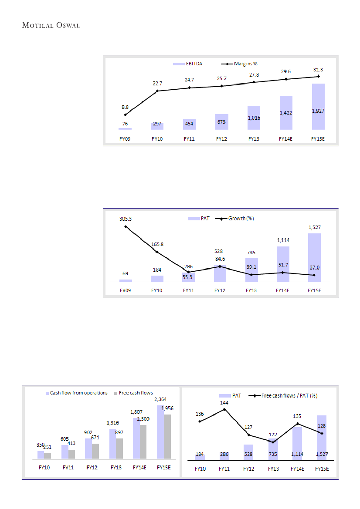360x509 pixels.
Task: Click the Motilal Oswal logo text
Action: click(x=51, y=25)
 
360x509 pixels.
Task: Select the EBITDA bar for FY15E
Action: click(x=319, y=107)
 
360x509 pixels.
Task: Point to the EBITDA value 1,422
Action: click(x=286, y=113)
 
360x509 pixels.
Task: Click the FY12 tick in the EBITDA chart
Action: click(x=222, y=139)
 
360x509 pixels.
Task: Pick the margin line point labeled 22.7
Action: click(x=157, y=91)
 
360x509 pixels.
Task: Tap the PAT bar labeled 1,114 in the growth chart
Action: click(x=283, y=264)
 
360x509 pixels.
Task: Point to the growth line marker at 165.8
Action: click(x=156, y=252)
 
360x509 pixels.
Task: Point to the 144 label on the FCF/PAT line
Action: click(x=224, y=403)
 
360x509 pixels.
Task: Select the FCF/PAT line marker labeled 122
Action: click(x=273, y=442)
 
